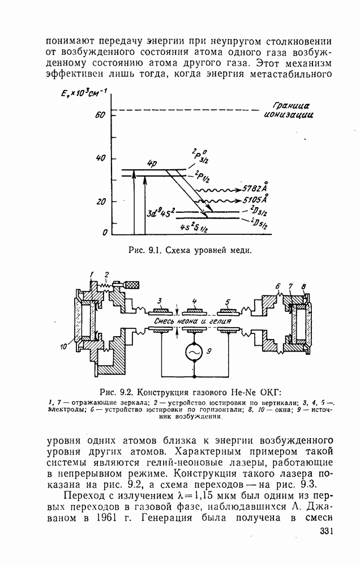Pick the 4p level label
click(x=151, y=164)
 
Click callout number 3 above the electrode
click(x=160, y=300)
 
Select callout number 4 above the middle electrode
click(x=194, y=300)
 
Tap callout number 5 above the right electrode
click(x=228, y=300)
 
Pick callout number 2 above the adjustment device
click(x=106, y=275)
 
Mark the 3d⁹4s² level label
click(x=161, y=214)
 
